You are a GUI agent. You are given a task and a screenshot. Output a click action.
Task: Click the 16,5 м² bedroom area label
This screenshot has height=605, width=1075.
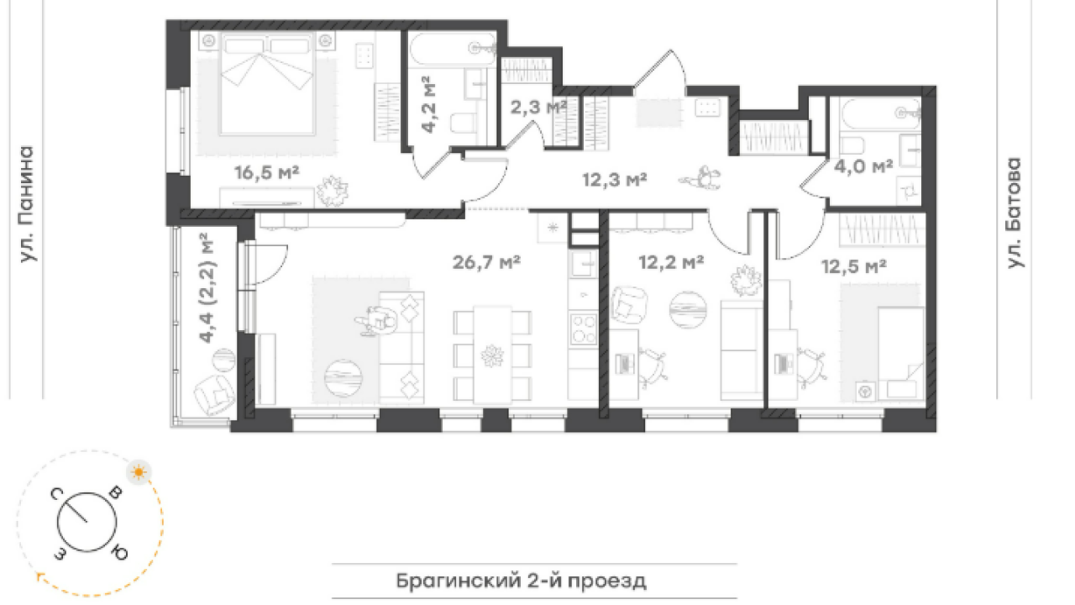click(267, 172)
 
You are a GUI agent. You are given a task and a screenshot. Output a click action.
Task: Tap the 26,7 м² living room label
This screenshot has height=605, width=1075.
click(486, 262)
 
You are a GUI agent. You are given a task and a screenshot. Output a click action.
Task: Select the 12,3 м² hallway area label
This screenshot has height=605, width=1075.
click(615, 180)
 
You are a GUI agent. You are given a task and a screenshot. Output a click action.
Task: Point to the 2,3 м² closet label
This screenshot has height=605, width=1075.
click(538, 107)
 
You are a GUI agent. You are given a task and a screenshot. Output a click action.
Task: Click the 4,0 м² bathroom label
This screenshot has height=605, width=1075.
click(863, 166)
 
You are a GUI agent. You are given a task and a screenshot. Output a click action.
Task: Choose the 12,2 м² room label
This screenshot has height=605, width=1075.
click(671, 262)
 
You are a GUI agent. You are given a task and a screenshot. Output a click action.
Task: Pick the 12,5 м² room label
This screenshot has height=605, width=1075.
click(854, 266)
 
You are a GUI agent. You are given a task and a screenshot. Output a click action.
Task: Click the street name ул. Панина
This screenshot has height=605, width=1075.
click(27, 204)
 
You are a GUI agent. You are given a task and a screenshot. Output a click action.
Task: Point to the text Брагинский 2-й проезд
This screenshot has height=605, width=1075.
click(522, 581)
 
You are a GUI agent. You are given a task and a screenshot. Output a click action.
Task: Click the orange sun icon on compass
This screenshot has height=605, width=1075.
click(139, 472)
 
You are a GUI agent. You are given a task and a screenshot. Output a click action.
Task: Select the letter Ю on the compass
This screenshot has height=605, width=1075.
click(119, 554)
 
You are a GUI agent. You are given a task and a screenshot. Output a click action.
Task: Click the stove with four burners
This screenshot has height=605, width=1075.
click(583, 329)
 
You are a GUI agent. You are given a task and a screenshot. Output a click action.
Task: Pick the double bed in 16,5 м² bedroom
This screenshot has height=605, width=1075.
click(267, 83)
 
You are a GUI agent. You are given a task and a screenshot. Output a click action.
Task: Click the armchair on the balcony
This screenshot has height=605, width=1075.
click(214, 395)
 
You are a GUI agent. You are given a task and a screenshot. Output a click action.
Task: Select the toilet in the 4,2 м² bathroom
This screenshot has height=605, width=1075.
click(463, 123)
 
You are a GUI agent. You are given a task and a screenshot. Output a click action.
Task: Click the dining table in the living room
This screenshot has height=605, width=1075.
click(492, 355)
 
